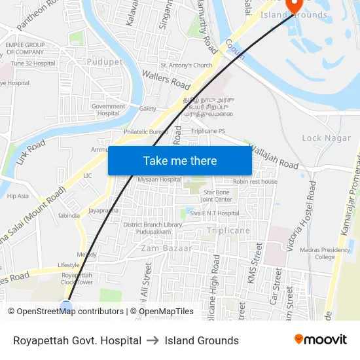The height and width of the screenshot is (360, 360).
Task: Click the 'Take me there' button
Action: [179, 160]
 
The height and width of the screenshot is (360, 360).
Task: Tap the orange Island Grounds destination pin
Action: [295, 7]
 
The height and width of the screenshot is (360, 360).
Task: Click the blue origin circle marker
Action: [66, 306]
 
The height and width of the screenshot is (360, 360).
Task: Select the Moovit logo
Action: [320, 340]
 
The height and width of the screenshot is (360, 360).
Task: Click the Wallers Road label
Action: [166, 79]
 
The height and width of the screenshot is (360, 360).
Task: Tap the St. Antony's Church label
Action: [187, 65]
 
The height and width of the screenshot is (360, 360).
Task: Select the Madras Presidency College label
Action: [326, 253]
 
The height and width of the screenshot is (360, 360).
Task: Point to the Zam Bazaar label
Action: [166, 248]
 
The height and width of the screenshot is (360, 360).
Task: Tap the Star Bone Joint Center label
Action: [217, 196]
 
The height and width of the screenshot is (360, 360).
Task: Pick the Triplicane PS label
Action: [208, 131]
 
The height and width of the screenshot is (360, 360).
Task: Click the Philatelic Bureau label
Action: [146, 132]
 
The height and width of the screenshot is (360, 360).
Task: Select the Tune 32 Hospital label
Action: [33, 63]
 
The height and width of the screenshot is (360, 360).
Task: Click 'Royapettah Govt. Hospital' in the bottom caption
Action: [77, 340]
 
